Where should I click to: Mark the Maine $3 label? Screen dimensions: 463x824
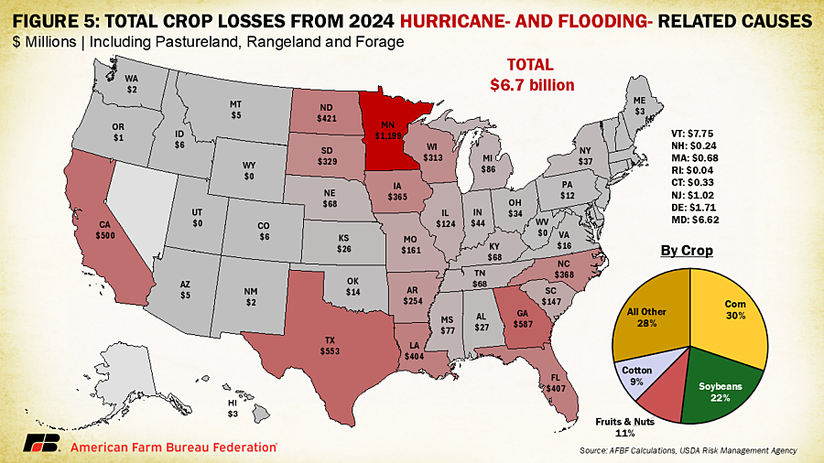pyautogui.click(x=639, y=105)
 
